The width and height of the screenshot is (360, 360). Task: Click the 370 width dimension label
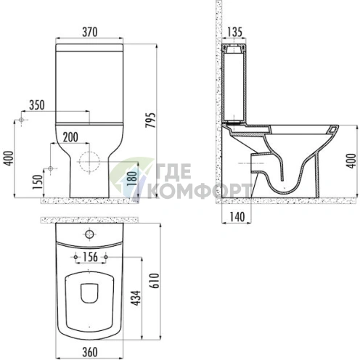click(x=90, y=32)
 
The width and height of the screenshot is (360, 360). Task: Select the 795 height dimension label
click(x=150, y=120)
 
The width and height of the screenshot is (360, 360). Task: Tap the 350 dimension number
click(x=37, y=105)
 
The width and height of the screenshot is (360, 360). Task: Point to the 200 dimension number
click(x=70, y=137)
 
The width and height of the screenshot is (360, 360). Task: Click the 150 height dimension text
click(x=38, y=182)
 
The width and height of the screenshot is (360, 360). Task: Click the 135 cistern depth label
click(x=234, y=32)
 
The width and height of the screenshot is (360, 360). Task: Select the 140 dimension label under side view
click(x=237, y=217)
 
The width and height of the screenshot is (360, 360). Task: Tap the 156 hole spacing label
click(x=90, y=257)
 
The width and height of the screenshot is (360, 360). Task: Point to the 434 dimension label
click(x=136, y=298)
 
